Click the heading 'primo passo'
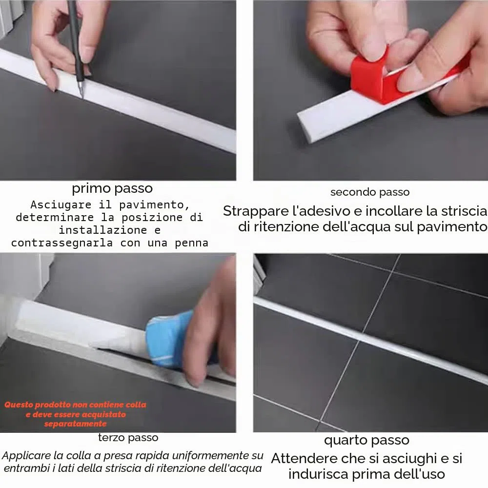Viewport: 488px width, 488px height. (x=112, y=188)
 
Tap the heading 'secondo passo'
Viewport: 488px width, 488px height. (x=370, y=192)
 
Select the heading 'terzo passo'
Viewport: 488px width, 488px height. (x=128, y=438)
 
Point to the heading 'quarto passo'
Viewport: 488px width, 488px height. (x=366, y=441)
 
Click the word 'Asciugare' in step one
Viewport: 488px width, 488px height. (x=61, y=204)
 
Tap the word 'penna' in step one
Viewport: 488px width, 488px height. (x=191, y=243)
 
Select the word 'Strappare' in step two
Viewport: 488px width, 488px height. (x=256, y=211)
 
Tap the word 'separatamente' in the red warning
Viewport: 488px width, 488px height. (x=75, y=424)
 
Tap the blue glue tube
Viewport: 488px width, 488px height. (x=168, y=340)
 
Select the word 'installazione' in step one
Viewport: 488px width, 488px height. (x=102, y=230)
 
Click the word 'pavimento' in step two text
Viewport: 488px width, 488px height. (x=452, y=227)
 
